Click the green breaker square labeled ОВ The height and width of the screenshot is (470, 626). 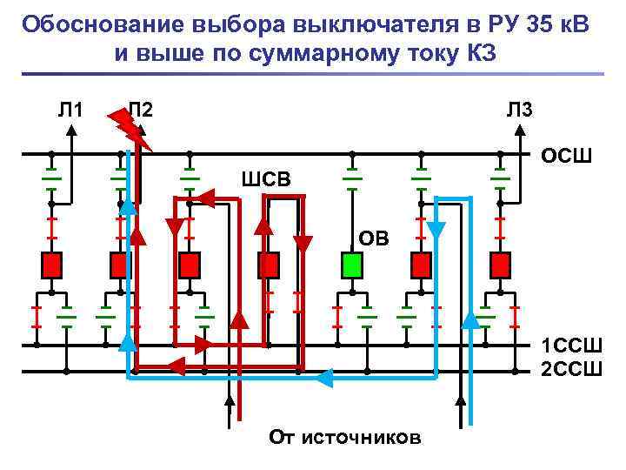click(x=351, y=264)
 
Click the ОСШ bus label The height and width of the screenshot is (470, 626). click(x=566, y=158)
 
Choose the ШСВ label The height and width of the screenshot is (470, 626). click(x=266, y=179)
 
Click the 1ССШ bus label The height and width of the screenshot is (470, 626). click(x=570, y=344)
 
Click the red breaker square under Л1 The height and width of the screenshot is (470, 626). click(x=51, y=264)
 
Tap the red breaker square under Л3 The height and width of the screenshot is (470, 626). click(x=500, y=264)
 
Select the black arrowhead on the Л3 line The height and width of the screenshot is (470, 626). click(x=521, y=129)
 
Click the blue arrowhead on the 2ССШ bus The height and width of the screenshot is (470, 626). click(x=323, y=378)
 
